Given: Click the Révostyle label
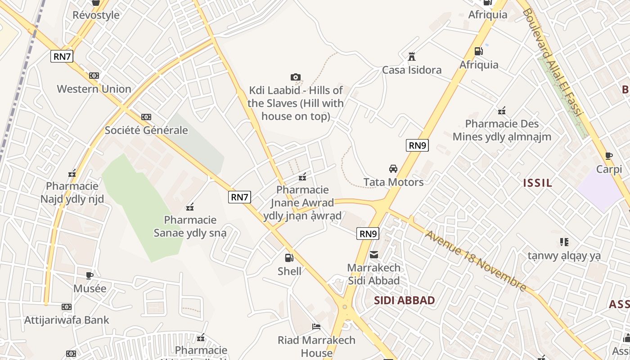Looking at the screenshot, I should pos(96,15).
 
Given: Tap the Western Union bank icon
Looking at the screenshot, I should pos(94,76).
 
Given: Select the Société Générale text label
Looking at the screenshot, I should pos(146,130).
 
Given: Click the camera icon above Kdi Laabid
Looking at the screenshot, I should pos(296,77).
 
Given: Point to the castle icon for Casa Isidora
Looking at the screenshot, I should pos(411,57).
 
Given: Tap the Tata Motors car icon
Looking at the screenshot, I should pos(393,169).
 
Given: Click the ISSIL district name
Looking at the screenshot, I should pos(537,183).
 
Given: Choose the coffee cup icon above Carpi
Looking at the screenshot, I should pos(609,156).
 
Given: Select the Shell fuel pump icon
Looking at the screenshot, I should pos(289,258).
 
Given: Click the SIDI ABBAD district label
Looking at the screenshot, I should pos(405,300).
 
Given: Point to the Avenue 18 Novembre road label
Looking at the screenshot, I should pos(476,261).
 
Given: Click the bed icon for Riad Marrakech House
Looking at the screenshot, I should pos(316,327).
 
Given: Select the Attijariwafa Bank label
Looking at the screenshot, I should pos(67,320).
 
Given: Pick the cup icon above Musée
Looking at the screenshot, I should pos(90,275).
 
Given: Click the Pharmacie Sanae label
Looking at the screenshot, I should pos(190,226).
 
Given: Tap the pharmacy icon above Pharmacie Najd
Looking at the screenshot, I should pos(72,173).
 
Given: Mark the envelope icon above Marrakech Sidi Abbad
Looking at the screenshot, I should pos(374,255).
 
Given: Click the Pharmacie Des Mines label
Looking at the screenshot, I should pos(502,130).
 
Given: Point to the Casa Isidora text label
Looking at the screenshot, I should pos(412,70).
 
